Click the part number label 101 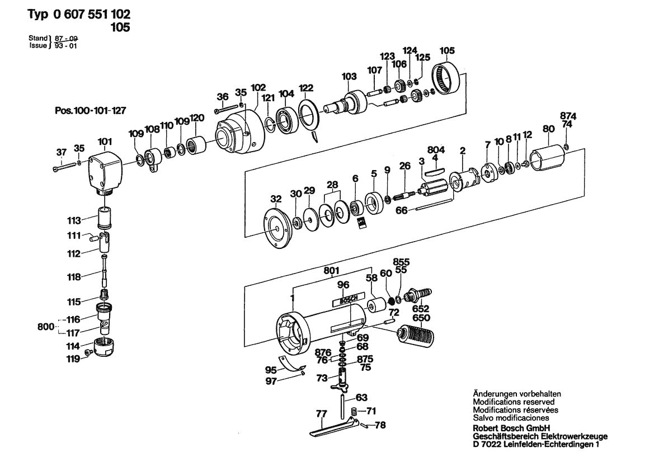pyautogui.click(x=105, y=142)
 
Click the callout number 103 pyautogui.click(x=349, y=76)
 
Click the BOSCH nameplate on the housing pyautogui.click(x=347, y=301)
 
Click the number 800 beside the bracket pyautogui.click(x=46, y=326)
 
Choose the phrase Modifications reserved pyautogui.click(x=514, y=402)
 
